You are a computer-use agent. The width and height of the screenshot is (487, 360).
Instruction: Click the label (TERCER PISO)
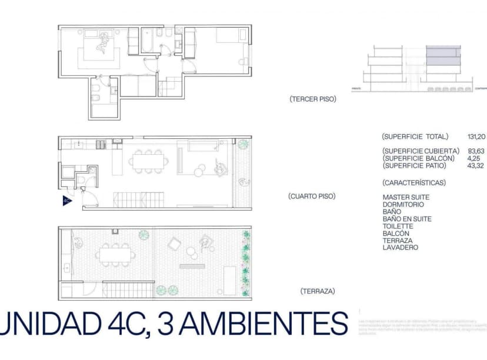(312, 99)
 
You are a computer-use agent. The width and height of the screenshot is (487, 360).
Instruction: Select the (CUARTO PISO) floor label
(312, 196)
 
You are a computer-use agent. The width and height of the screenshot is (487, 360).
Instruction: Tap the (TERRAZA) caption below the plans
(318, 291)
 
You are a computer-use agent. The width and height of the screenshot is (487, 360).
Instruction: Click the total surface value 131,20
(477, 136)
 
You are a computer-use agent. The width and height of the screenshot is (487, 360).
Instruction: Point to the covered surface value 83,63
(477, 151)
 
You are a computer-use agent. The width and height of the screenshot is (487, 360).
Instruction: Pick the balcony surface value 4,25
(475, 159)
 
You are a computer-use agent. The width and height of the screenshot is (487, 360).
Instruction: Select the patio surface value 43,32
(477, 166)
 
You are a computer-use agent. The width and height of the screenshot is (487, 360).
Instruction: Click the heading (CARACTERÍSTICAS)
(413, 183)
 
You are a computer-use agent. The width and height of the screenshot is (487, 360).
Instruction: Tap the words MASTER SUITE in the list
(406, 198)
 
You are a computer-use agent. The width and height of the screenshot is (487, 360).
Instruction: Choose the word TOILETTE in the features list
(398, 226)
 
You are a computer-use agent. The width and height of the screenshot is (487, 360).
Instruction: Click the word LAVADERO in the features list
(400, 248)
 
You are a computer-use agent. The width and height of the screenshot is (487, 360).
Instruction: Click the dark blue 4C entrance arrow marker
(66, 200)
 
